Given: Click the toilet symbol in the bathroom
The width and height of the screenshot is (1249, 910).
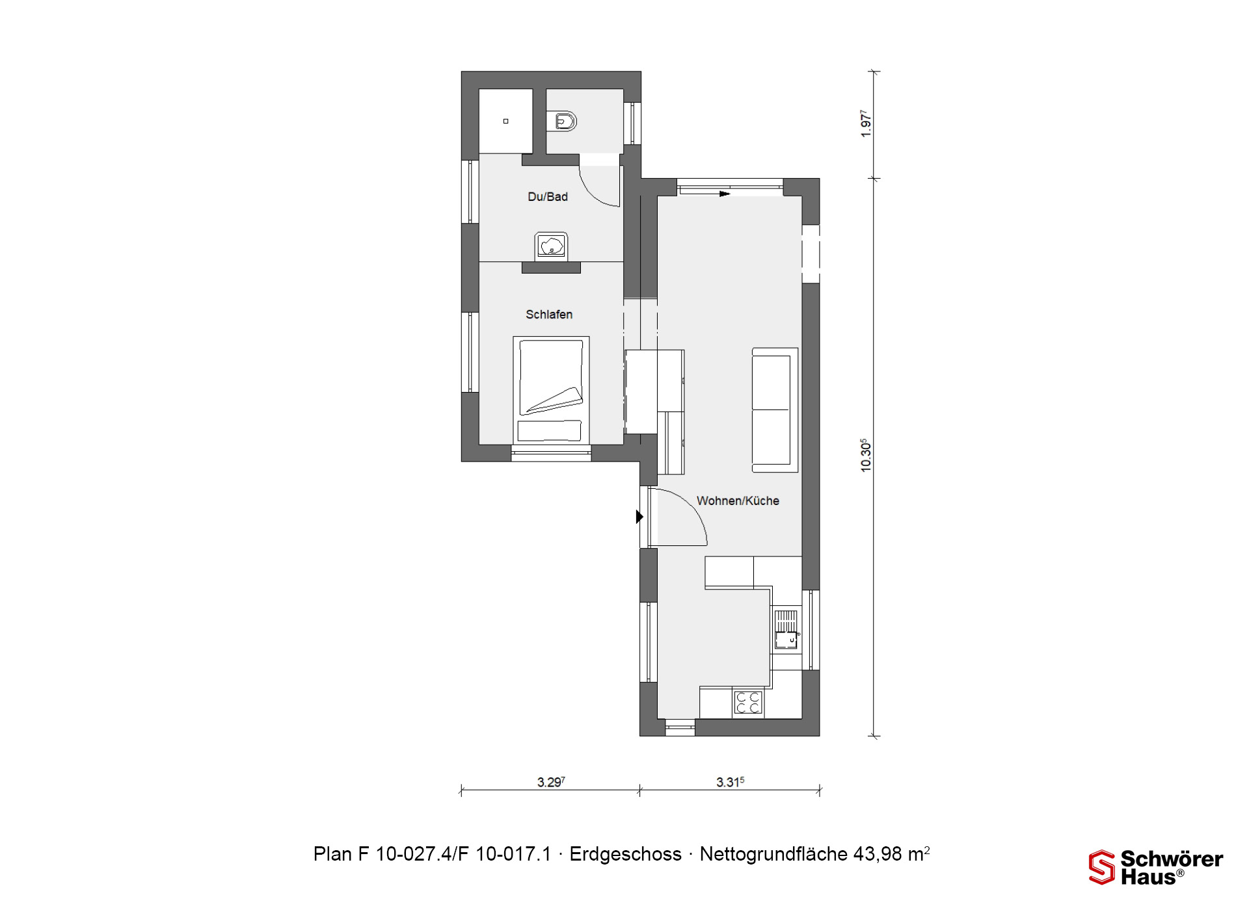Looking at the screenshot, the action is [565, 121].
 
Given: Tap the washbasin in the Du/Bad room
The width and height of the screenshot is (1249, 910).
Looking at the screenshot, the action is [552, 246].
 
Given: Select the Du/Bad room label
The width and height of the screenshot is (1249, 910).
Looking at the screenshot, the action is [548, 196].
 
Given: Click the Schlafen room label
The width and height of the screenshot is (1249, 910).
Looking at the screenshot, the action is [549, 315].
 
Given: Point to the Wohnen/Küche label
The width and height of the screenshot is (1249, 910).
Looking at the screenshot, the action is [738, 500].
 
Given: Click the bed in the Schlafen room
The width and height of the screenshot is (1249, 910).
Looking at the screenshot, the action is [551, 390].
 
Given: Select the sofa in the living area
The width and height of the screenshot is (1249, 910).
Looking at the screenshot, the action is [775, 409].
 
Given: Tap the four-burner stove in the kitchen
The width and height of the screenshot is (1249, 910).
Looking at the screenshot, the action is [748, 703].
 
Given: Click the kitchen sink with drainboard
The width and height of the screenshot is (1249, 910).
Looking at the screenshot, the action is [786, 630].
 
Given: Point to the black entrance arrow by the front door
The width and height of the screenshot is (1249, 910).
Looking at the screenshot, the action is [639, 517].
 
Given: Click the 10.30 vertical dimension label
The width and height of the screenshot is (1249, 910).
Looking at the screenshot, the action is [865, 455].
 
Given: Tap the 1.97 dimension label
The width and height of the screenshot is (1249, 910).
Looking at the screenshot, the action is [865, 123].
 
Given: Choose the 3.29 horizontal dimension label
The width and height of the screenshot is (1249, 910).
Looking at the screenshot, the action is [551, 782].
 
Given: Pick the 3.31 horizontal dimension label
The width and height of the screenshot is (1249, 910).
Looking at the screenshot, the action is [730, 782].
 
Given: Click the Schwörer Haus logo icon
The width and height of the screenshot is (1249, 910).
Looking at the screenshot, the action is [1102, 867].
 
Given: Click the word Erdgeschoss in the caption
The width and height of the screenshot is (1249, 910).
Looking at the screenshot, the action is [625, 854].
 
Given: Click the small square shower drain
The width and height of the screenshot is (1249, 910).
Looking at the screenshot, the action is [505, 121].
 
